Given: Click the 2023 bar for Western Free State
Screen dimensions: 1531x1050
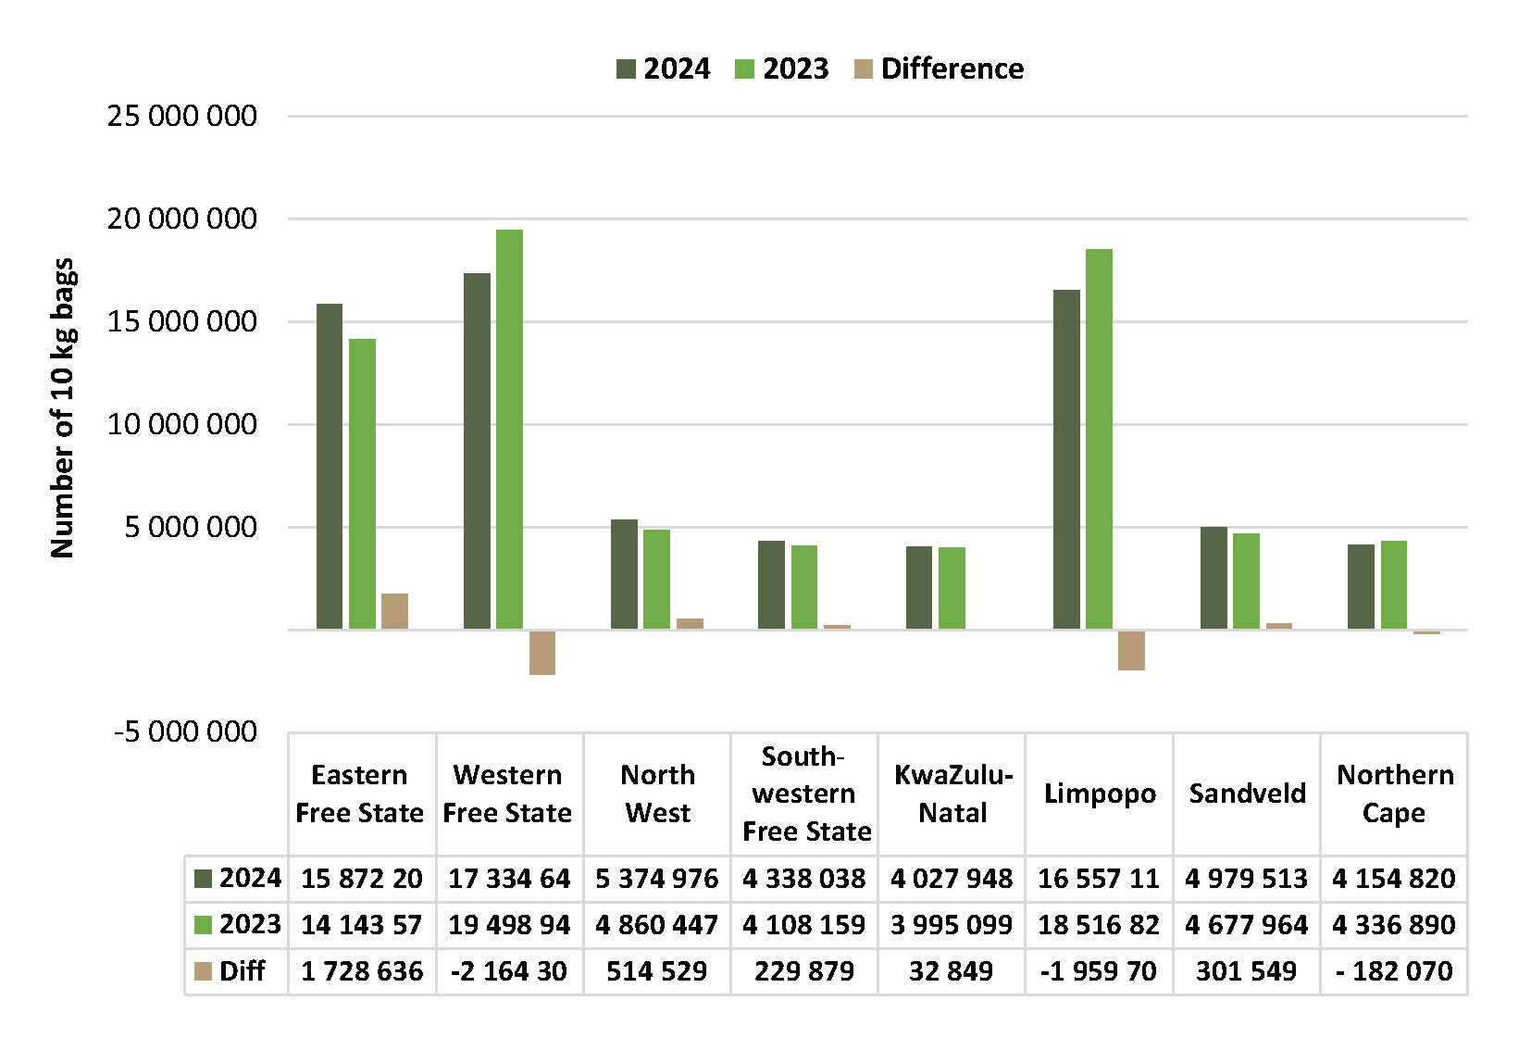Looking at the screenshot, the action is click(509, 430).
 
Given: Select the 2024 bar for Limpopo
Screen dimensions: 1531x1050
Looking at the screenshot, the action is click(1066, 459).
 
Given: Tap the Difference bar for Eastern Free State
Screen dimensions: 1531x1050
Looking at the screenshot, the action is click(394, 611).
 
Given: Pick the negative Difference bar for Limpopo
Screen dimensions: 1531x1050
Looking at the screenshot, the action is click(1131, 650).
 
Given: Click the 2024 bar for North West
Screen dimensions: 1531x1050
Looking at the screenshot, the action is click(624, 574).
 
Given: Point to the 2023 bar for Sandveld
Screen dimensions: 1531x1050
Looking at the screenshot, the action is click(1246, 581).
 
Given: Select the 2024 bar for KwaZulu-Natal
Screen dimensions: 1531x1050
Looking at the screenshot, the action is click(918, 588).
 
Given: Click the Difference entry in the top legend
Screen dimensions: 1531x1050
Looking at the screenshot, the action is click(940, 69).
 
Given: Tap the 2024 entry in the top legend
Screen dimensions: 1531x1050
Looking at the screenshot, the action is click(663, 69).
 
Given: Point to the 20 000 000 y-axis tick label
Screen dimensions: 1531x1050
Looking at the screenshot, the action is click(181, 219).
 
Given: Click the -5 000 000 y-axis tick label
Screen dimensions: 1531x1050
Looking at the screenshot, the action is click(186, 731).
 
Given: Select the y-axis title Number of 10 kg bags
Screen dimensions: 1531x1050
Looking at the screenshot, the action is click(62, 408).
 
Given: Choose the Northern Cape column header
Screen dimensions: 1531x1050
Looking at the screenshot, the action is click(1394, 794).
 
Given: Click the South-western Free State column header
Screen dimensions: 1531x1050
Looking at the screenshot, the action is click(805, 794).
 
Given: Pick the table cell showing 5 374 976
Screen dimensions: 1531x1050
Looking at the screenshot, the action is click(657, 879).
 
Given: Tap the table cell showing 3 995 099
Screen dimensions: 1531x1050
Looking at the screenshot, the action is click(952, 925).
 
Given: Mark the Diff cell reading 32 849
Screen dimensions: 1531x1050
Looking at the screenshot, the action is click(951, 971).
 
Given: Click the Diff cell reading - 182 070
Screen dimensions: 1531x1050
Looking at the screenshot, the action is click(1394, 971).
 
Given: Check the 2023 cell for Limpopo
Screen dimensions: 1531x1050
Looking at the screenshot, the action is click(1099, 925).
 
